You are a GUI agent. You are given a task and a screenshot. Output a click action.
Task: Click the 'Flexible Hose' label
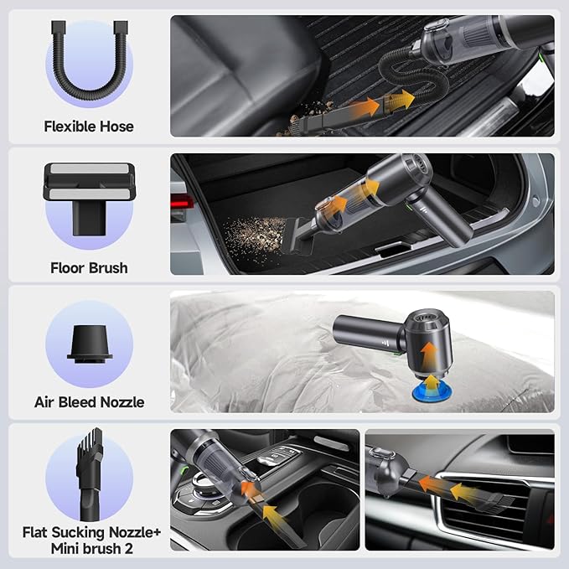tap(88, 127)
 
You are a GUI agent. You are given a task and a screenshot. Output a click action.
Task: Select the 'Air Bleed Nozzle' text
tap(89, 402)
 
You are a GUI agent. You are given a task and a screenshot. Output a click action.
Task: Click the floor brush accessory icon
tap(88, 202)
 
